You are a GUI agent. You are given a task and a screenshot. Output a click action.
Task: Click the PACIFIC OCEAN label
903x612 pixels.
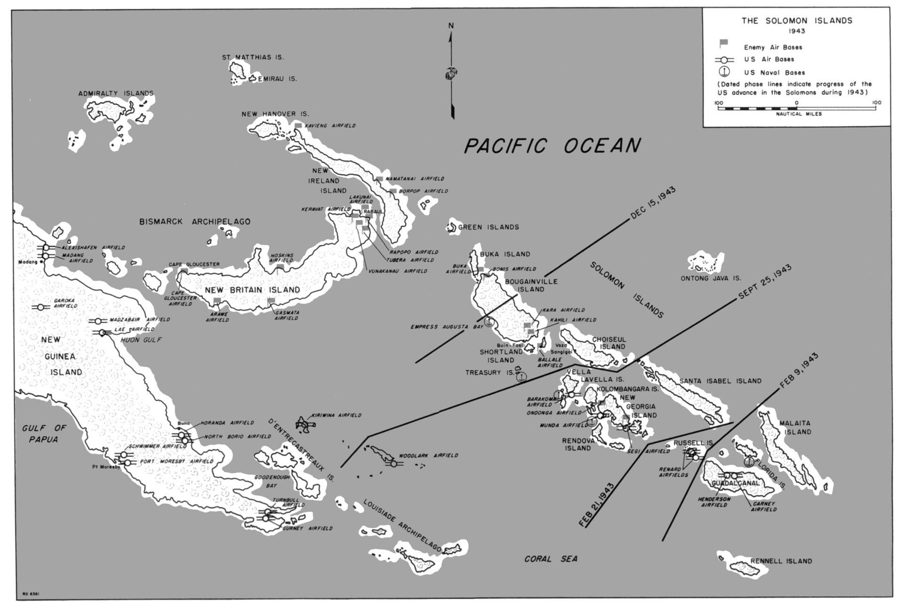552,146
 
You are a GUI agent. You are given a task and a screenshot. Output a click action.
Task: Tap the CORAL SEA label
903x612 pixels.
551,559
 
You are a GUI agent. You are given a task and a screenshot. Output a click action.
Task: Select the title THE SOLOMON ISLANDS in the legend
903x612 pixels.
797,21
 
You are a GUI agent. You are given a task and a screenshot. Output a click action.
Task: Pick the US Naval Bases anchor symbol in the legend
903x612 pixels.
724,72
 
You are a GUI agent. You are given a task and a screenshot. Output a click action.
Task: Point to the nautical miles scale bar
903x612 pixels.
797,108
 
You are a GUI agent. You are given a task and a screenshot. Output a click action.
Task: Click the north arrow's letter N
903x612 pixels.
451,26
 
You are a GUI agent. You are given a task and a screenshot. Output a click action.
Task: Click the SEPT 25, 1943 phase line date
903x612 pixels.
765,282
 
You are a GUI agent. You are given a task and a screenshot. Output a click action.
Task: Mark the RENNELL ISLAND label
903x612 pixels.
781,561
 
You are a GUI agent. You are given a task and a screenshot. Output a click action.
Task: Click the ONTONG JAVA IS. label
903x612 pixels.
711,278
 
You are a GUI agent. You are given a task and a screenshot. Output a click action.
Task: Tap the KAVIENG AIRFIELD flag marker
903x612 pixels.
298,126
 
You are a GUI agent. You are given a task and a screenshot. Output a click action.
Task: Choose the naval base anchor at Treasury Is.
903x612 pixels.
521,377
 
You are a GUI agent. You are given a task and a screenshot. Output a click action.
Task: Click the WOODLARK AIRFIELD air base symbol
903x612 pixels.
393,463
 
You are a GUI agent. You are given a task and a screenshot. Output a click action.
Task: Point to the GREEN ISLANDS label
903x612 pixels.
488,227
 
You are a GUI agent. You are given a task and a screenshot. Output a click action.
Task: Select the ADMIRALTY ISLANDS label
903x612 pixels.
116,94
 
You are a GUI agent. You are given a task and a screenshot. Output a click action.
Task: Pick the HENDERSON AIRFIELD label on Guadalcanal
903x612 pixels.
714,502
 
